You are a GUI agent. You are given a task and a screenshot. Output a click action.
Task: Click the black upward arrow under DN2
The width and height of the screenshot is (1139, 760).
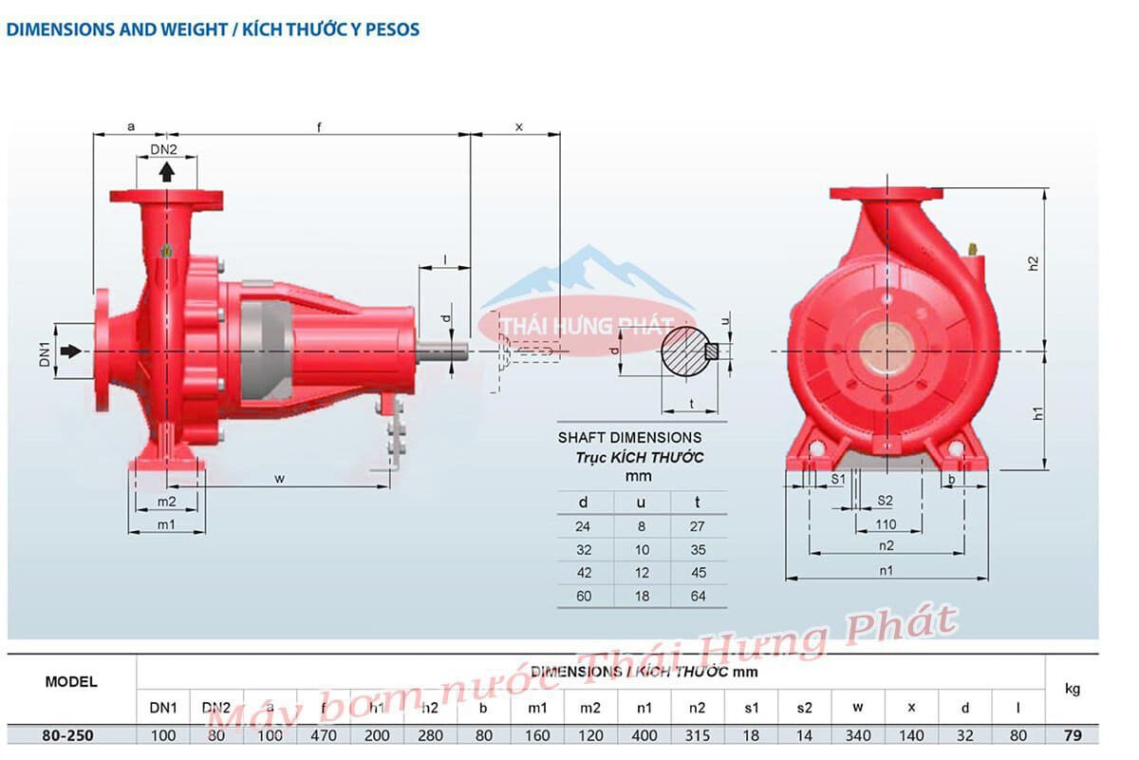[x=167, y=171]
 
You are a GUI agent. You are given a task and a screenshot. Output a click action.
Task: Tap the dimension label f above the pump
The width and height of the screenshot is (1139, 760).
[x=319, y=126]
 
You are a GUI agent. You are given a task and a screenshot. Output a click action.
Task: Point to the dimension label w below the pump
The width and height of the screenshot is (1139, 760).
[x=280, y=478]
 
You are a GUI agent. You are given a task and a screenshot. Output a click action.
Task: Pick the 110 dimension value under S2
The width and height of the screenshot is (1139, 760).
[x=886, y=523]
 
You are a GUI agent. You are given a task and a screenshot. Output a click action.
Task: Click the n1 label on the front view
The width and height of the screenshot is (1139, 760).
[x=887, y=570]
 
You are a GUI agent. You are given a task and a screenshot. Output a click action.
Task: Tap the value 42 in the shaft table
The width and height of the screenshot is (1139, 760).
[x=584, y=573]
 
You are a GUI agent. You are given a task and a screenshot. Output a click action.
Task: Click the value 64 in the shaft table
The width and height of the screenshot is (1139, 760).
[x=699, y=597]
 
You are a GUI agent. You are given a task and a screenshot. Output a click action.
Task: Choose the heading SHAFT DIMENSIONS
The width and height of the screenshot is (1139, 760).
[x=629, y=438]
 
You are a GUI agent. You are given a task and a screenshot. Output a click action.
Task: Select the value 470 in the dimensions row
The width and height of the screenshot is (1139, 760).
[x=324, y=734]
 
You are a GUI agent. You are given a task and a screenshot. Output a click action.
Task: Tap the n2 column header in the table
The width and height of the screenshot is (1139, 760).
[x=698, y=708]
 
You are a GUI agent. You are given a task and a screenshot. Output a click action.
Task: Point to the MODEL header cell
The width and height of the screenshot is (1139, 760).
[x=71, y=682]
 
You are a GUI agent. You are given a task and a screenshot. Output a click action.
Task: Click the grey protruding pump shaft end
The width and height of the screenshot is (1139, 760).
[x=442, y=351]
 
